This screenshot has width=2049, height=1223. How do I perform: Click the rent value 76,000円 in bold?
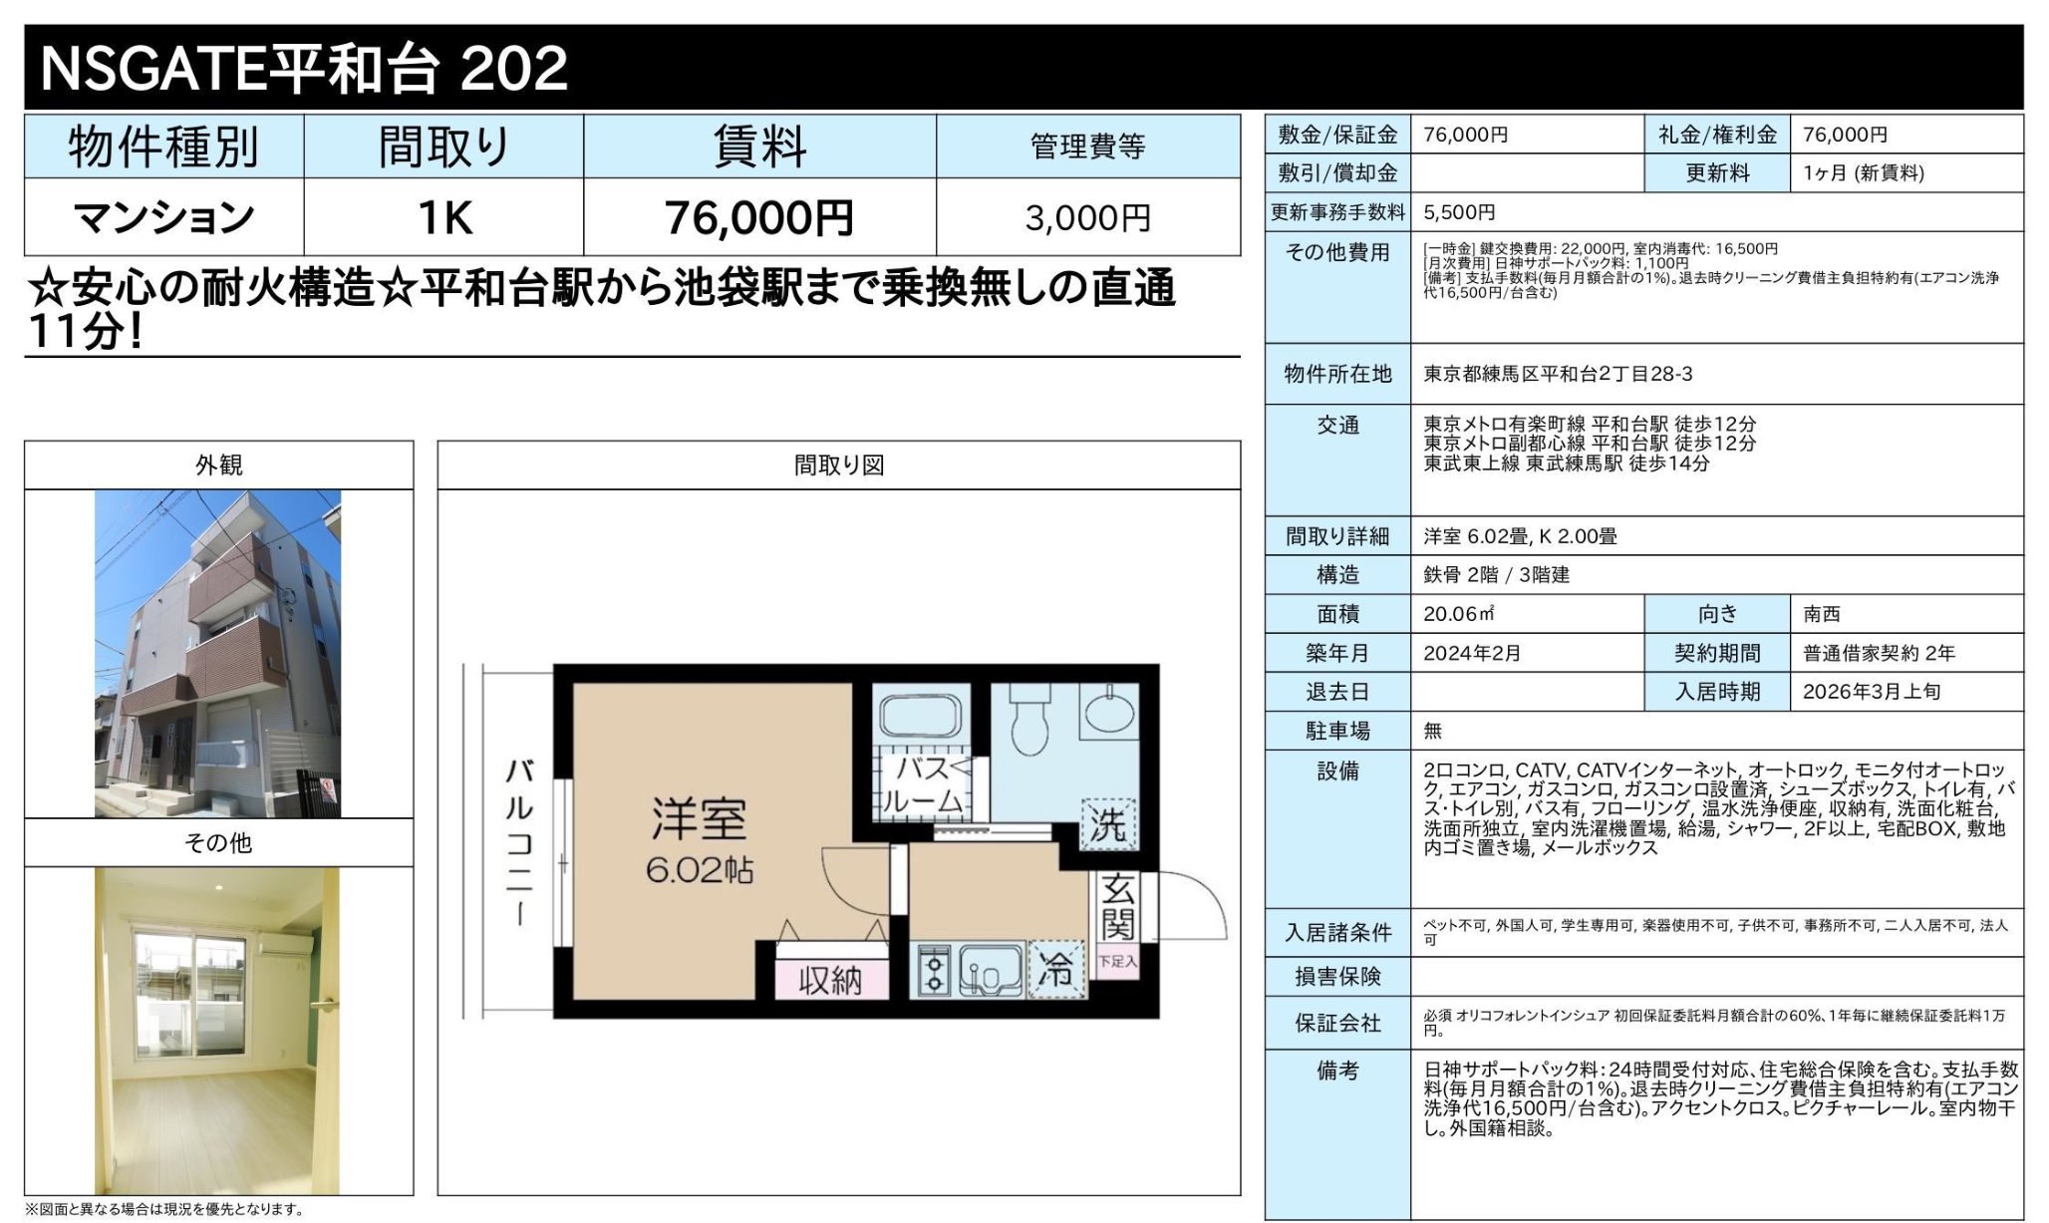click(758, 217)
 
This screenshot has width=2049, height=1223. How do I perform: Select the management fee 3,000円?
click(1087, 217)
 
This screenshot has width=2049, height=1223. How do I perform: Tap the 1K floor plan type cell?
click(443, 217)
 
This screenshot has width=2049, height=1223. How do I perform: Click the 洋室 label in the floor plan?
click(699, 820)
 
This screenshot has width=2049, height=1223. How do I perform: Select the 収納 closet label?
click(829, 981)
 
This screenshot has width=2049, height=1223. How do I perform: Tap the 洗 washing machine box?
click(1108, 823)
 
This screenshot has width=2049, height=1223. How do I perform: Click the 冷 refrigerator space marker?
click(1055, 968)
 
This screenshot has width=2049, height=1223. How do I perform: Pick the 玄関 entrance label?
click(1117, 907)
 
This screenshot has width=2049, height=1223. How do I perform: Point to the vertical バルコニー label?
click(519, 842)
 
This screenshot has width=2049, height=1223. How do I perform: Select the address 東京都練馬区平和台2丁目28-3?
click(1557, 374)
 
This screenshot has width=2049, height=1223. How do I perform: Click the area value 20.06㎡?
click(1458, 614)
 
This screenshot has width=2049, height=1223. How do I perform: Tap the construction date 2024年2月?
click(1472, 653)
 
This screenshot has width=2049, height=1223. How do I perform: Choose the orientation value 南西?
click(1821, 614)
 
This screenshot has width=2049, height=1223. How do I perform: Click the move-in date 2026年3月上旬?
click(1871, 692)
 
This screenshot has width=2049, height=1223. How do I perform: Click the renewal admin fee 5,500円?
click(1459, 212)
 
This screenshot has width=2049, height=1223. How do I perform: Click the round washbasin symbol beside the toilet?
click(1108, 712)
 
